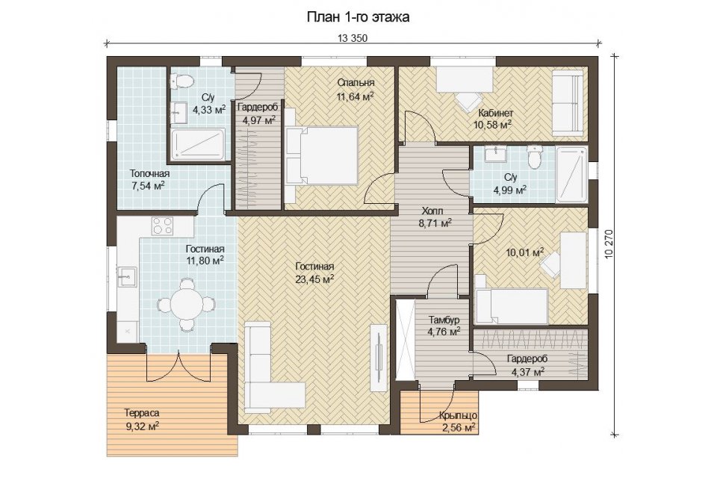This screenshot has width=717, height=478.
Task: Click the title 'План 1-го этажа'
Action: pos(358,17)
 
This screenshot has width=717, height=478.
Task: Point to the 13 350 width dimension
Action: pos(352,38)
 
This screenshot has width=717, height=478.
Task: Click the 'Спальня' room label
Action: pos(356,83)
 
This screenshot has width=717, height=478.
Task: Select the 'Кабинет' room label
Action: pos(496,113)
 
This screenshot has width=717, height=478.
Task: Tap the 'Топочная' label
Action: pos(149,174)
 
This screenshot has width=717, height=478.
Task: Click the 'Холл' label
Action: pos(432,211)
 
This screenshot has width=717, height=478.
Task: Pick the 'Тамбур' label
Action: pos(444,320)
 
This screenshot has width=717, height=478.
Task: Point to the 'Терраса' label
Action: pos(142,413)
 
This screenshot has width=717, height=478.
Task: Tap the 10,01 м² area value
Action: pos(525,252)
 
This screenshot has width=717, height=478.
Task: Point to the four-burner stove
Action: pos(162,226)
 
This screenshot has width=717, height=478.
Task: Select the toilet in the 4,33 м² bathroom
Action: pos(181,81)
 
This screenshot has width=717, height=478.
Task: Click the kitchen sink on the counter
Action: pos(127,277)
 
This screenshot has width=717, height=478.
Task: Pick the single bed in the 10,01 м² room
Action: pos(512,305)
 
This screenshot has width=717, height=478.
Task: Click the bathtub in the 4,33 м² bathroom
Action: pos(198,145)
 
